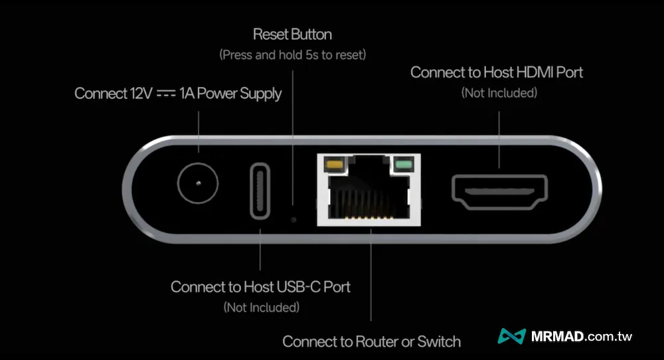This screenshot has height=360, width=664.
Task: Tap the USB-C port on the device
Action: pos(260,191)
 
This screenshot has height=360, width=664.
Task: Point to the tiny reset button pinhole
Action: pos(293,220)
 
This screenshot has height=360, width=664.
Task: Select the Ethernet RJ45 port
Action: pos(369,190)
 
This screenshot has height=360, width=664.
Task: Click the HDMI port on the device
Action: pos(500,192)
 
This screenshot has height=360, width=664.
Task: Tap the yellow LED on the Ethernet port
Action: pos(334,163)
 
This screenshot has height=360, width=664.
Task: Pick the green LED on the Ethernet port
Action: pos(404,164)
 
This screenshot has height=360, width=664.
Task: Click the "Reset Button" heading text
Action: pos(292,35)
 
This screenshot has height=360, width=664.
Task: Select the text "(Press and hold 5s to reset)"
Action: pos(293,54)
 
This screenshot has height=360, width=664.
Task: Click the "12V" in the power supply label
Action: pos(139,93)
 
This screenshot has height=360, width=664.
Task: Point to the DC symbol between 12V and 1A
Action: pos(165,94)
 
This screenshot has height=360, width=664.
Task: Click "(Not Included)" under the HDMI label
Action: pos(499,93)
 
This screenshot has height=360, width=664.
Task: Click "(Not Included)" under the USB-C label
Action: pos(261,307)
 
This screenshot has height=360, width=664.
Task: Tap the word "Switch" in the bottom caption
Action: pos(439,341)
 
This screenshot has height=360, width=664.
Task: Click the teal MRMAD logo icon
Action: pos(512,336)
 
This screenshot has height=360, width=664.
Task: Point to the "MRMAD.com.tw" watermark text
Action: pos(582,337)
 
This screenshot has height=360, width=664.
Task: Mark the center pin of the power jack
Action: pos(198,183)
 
